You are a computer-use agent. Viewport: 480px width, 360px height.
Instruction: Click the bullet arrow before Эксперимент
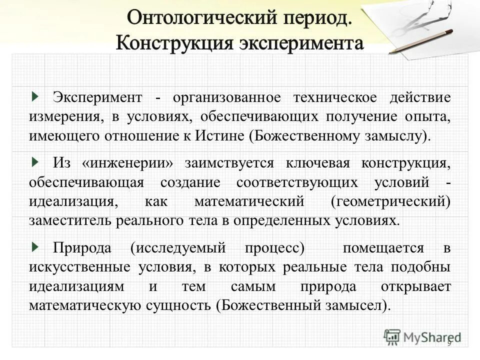34,95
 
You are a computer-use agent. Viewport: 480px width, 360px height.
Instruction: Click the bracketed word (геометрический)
390,201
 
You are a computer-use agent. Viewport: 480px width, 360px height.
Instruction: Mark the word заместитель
70,221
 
